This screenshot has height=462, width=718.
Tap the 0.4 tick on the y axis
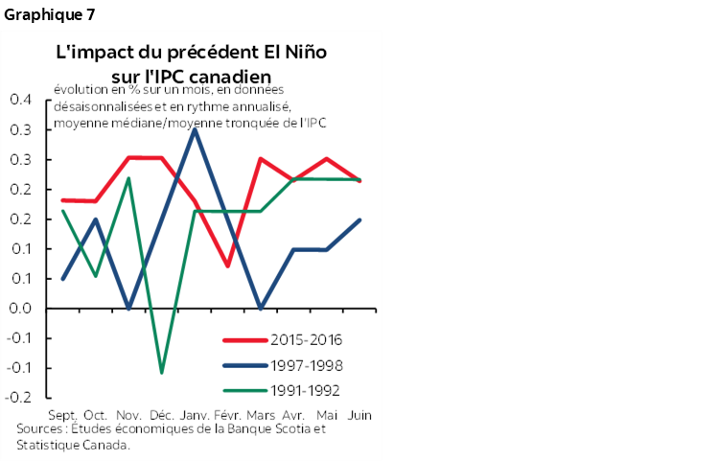click(21, 100)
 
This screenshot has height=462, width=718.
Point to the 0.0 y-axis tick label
click(21, 309)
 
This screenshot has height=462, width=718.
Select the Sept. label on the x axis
click(62, 415)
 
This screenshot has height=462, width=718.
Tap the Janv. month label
click(196, 415)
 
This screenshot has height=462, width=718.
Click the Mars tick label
click(261, 415)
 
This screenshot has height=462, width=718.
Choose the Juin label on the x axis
click(359, 415)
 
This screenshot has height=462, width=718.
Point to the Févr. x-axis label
click(228, 415)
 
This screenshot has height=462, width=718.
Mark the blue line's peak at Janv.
click(195, 129)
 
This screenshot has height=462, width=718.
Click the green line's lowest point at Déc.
click(161, 372)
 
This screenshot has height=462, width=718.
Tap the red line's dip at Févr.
click(228, 266)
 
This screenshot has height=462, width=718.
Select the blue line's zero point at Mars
click(261, 309)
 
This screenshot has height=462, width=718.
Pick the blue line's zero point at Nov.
click(128, 309)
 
